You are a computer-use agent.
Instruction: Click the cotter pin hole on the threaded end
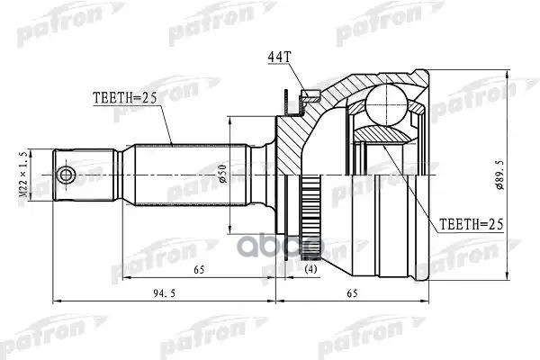[x=66, y=173]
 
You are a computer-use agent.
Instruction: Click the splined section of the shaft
[x=189, y=172]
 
